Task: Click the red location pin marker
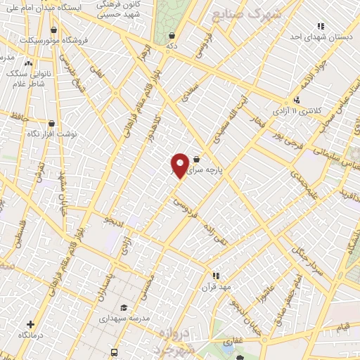tap(180, 165)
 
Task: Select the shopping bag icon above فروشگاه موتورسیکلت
tap(54, 29)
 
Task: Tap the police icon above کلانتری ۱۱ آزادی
tap(297, 100)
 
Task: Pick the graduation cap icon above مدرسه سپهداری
tap(124, 307)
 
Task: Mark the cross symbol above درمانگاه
tap(30, 324)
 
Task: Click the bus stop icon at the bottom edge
tap(114, 352)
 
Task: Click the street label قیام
tap(343, 326)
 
